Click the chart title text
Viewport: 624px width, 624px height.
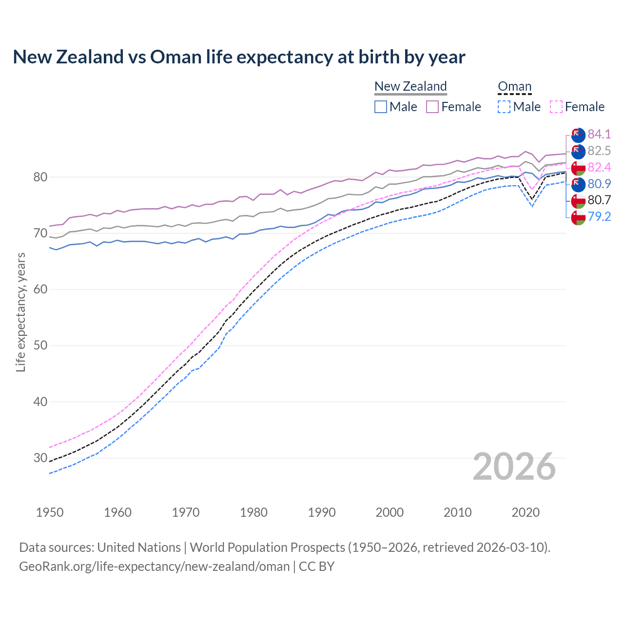tap(239, 57)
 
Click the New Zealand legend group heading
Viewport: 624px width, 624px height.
tap(410, 86)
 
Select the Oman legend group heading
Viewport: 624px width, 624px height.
tap(514, 86)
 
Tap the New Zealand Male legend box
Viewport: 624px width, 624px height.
tap(381, 107)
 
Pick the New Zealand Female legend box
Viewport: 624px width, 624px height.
tap(432, 107)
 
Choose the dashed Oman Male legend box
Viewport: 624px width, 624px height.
tap(504, 107)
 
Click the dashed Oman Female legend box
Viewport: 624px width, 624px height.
tap(556, 107)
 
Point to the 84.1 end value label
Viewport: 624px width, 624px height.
tap(599, 134)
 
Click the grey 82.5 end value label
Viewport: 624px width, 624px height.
tap(599, 151)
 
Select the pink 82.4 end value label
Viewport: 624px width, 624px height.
tap(599, 167)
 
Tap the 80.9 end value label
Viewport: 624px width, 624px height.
tap(599, 184)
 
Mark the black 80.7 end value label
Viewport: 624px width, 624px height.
tap(599, 200)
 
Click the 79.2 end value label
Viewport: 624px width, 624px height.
tap(599, 216)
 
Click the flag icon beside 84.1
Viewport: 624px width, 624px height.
tap(578, 135)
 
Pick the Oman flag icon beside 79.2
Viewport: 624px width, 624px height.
tap(578, 217)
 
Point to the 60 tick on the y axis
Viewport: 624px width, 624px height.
tap(40, 290)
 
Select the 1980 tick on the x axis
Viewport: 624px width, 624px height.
tap(253, 512)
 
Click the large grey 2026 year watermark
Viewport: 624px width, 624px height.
tap(514, 467)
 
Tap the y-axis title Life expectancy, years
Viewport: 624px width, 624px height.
tap(20, 312)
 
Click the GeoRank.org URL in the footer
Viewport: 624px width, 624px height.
tap(154, 566)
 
